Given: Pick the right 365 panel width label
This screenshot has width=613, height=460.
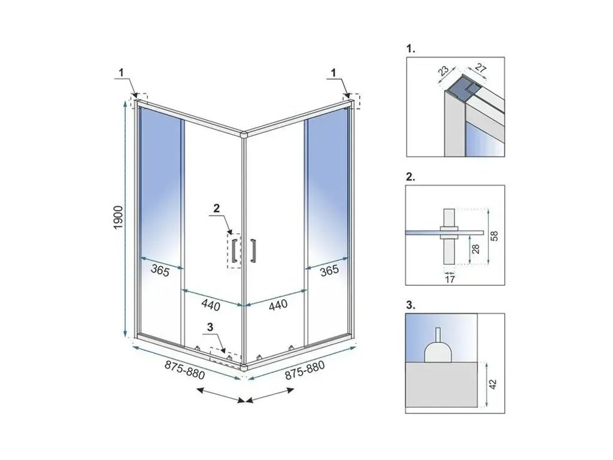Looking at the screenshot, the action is [x=329, y=270].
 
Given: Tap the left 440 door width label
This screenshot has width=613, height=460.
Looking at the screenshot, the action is [x=211, y=305].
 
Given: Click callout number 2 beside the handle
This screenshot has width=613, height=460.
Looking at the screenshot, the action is [x=217, y=208].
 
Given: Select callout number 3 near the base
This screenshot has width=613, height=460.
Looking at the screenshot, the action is [x=210, y=327].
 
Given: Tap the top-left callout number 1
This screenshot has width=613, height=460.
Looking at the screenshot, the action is [x=121, y=72].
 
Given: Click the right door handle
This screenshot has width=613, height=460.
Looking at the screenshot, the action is [x=254, y=250].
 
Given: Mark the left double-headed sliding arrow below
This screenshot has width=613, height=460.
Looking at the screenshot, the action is [x=220, y=395].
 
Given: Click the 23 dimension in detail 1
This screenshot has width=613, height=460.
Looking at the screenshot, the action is [x=443, y=71].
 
